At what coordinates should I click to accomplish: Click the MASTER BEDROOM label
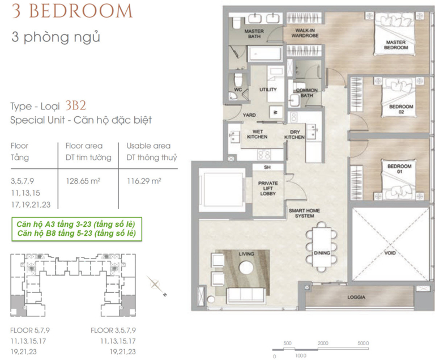click(396, 45)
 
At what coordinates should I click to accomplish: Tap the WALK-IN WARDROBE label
click(305, 33)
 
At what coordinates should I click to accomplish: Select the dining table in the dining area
click(322, 247)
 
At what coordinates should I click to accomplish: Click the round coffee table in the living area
click(246, 268)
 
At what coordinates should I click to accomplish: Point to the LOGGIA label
click(356, 297)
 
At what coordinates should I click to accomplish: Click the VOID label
click(390, 253)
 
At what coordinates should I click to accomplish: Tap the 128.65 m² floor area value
click(83, 181)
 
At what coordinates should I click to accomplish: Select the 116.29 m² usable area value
click(144, 181)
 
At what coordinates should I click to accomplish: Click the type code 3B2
click(76, 105)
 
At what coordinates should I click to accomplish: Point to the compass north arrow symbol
click(157, 286)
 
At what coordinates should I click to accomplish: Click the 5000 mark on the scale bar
click(363, 344)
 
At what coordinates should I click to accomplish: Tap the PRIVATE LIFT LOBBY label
click(268, 188)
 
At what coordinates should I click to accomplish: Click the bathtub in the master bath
click(265, 53)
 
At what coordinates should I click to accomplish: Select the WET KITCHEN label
click(257, 134)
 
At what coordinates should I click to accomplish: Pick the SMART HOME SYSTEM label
click(304, 213)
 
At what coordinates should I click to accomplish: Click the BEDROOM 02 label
click(401, 109)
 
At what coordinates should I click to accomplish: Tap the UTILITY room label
click(268, 90)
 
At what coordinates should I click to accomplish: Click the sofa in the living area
click(245, 295)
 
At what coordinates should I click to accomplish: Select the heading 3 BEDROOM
click(72, 11)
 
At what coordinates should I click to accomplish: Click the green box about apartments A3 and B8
click(76, 229)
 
